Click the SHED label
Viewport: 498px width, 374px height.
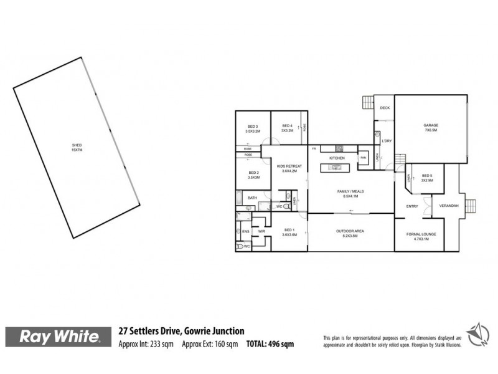pyautogui.click(x=77, y=148)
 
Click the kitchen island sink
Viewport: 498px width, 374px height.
pyautogui.click(x=334, y=168)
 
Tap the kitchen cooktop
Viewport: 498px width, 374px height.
pyautogui.click(x=339, y=148)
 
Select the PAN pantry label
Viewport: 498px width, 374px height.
pyautogui.click(x=363, y=158)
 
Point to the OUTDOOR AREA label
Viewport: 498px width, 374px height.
pyautogui.click(x=350, y=233)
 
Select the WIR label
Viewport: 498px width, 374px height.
pyautogui.click(x=261, y=231)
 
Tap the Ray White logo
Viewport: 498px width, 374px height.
pyautogui.click(x=60, y=337)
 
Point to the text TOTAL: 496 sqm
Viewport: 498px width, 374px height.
pyautogui.click(x=270, y=343)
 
